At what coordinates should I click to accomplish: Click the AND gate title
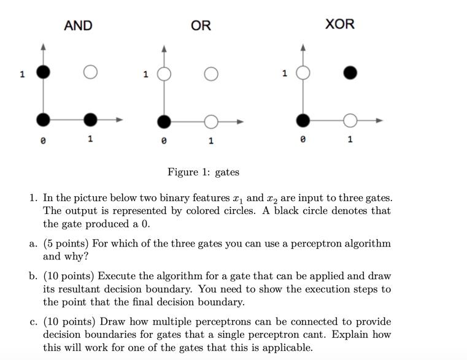78,25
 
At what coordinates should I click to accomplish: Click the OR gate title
201,25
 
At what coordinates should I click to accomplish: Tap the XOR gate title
339,24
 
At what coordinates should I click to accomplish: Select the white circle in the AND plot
90,72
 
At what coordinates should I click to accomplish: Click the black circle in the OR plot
164,121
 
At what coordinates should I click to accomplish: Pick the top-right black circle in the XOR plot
350,73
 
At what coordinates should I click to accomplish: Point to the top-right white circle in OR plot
211,74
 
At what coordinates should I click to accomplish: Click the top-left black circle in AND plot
42,72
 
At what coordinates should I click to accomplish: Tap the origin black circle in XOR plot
303,120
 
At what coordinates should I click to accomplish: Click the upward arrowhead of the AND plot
42,47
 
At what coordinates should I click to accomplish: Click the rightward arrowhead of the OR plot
241,121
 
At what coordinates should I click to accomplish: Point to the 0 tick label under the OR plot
163,141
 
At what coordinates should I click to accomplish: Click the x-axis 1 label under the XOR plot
350,140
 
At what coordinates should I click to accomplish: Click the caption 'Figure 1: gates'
203,172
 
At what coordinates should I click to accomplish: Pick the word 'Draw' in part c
112,321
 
